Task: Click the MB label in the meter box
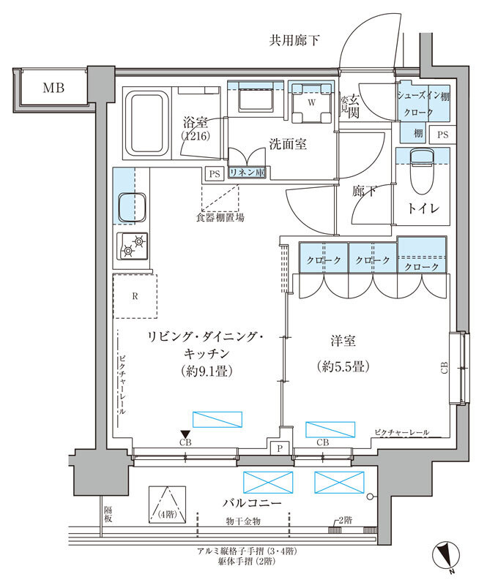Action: pyautogui.click(x=53, y=88)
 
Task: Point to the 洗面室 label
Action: pyautogui.click(x=287, y=144)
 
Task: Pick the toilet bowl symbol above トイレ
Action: pyautogui.click(x=420, y=167)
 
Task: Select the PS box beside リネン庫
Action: pyautogui.click(x=214, y=174)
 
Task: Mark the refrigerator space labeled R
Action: pyautogui.click(x=135, y=296)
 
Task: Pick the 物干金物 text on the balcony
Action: pyautogui.click(x=242, y=521)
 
